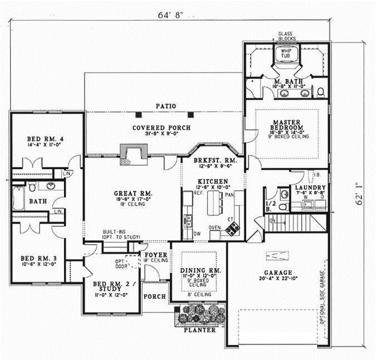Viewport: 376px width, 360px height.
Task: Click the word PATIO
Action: click(x=165, y=106)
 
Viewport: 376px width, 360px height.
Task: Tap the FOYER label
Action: click(x=155, y=255)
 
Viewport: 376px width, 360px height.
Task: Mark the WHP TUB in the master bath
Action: click(x=286, y=54)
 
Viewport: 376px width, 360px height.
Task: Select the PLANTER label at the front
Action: click(x=200, y=329)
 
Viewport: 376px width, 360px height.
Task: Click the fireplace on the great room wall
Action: click(x=133, y=154)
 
